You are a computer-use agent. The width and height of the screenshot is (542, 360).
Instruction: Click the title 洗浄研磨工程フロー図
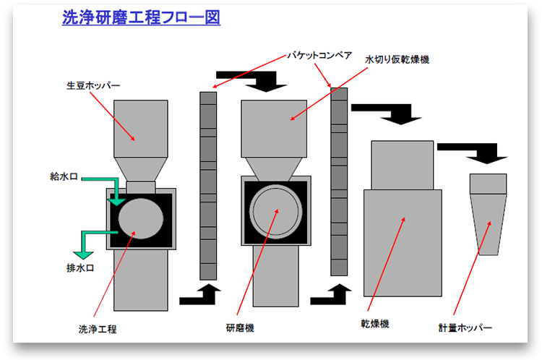pos(141,19)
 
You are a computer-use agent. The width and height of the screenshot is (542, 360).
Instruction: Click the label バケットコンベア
pos(319,56)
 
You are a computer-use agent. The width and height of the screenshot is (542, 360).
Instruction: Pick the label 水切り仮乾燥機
pos(397,59)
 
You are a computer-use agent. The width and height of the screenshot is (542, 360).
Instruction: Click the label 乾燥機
pos(375,324)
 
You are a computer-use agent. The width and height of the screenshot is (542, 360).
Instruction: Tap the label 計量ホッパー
pos(465,327)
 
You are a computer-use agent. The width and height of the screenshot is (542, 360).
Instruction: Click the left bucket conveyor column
pos(208,184)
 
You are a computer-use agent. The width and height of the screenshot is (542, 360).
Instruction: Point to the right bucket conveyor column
pos(339,181)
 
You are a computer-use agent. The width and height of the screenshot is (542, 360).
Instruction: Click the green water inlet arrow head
pos(116,200)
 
